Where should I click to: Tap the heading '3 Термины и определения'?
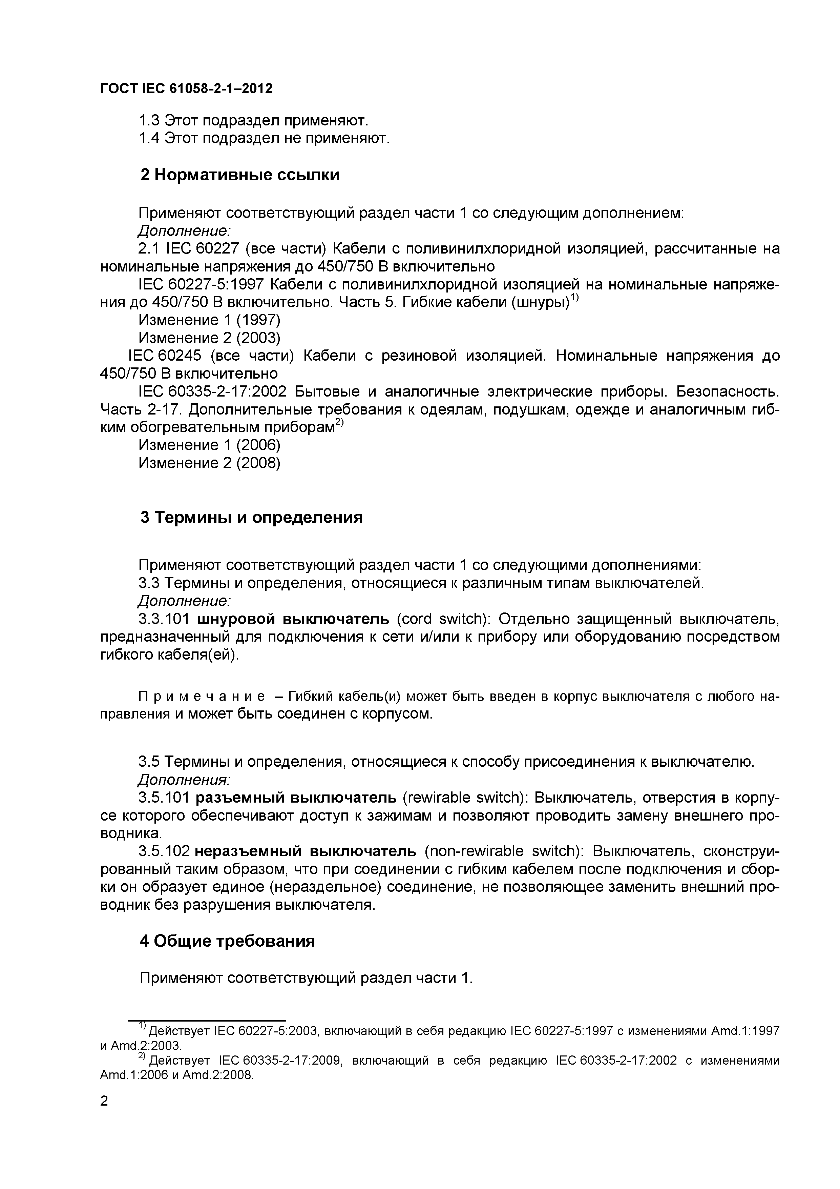pyautogui.click(x=252, y=517)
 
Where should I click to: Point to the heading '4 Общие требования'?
pyautogui.click(x=227, y=941)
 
